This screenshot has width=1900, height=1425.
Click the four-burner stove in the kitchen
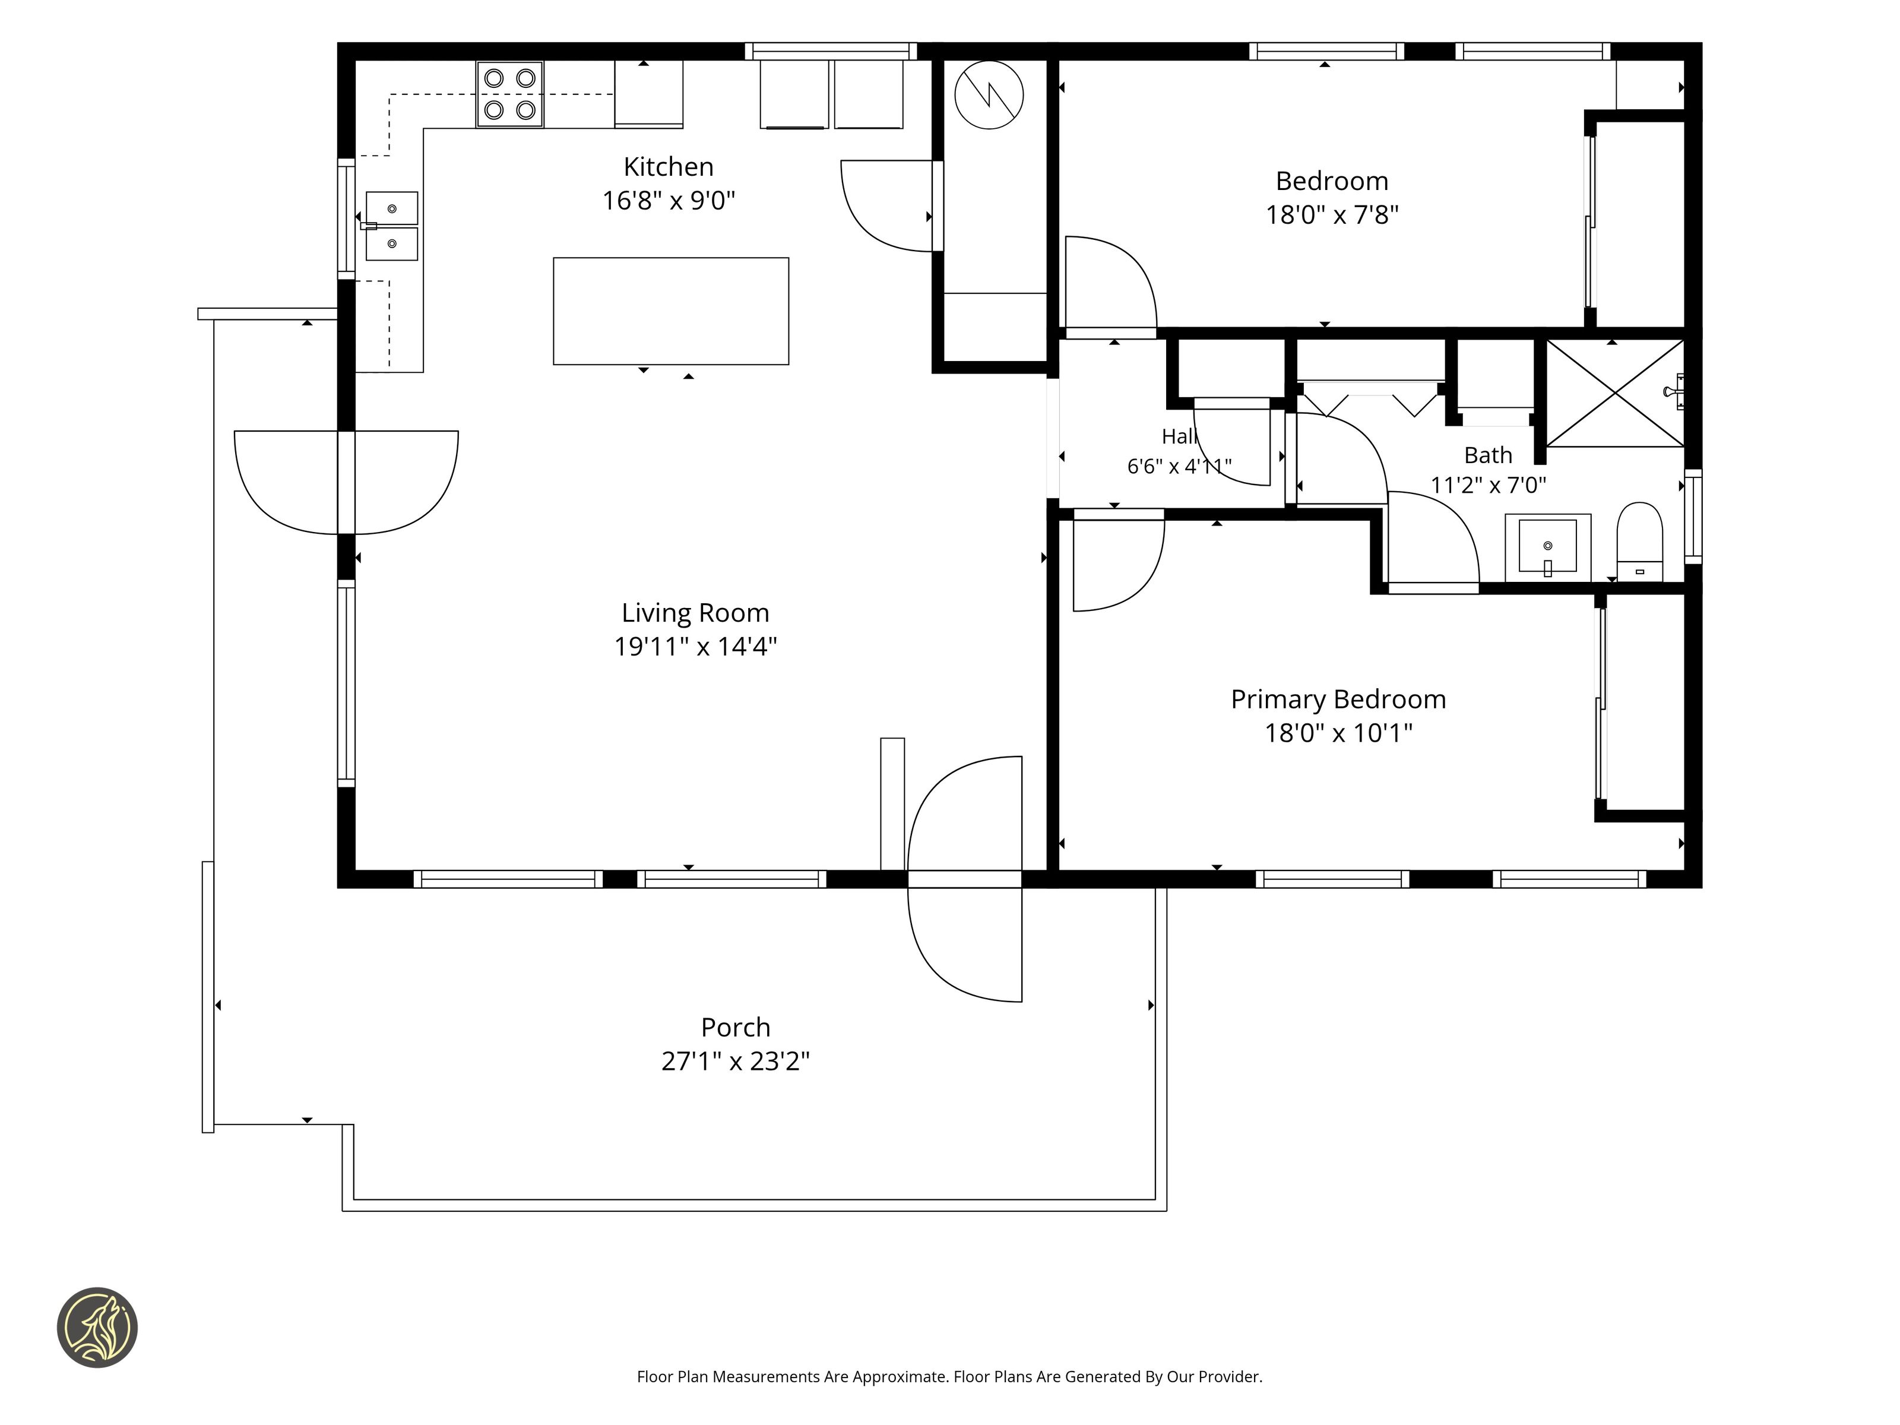pos(509,94)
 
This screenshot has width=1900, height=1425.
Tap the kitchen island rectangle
pos(671,311)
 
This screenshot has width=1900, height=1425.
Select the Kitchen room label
pos(668,167)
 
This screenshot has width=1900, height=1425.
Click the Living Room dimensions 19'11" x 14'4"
pos(696,646)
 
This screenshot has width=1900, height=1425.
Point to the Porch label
pos(735,1027)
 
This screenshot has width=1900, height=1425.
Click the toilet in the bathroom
pos(1640,542)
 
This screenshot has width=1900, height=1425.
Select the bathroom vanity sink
pos(1548,547)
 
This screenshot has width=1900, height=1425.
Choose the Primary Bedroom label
pos(1338,699)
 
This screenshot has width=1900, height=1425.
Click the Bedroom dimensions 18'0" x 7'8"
pos(1332,215)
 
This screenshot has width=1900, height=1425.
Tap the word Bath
pos(1488,455)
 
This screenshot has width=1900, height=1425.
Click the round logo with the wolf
pos(97,1327)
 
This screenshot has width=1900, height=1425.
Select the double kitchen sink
pos(392,226)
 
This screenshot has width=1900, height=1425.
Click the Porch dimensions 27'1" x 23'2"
pos(735,1062)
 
